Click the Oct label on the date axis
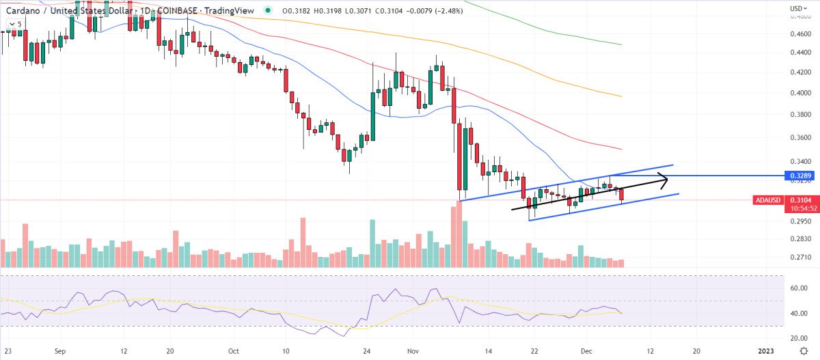(x=234, y=350)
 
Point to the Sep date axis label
(x=60, y=350)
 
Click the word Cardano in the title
(x=19, y=10)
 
